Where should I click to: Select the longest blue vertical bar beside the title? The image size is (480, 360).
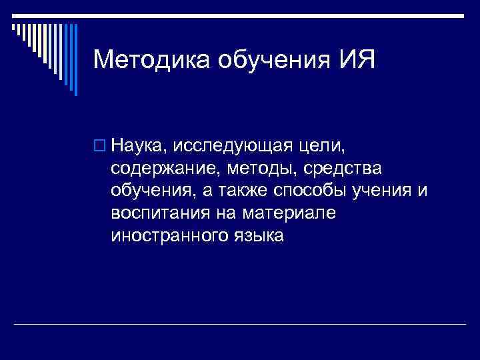[x=75, y=60]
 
